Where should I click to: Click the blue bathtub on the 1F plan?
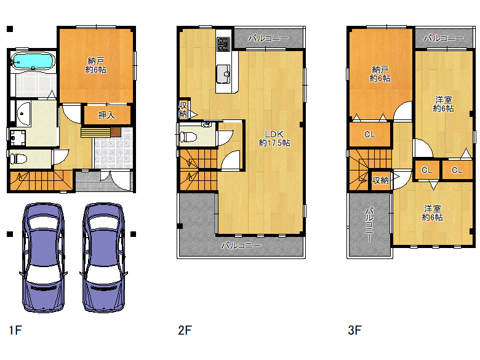33,61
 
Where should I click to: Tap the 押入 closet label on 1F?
106,115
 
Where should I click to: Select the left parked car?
43,257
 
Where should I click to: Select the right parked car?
103,257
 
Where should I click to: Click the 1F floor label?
15,330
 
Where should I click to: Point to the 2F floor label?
185,330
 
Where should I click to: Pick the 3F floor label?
355,330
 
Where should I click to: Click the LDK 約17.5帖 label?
274,138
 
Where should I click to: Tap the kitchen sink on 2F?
223,74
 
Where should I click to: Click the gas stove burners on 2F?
223,44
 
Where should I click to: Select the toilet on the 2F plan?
188,137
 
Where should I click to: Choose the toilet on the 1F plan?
18,159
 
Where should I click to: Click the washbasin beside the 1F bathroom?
23,114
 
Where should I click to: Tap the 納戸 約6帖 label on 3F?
380,74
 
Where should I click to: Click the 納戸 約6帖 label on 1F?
96,65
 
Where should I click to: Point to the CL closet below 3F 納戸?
370,134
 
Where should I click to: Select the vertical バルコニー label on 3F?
369,225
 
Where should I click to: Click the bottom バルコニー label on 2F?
241,246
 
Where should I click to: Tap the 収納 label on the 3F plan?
380,180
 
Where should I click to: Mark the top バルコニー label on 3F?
444,38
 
